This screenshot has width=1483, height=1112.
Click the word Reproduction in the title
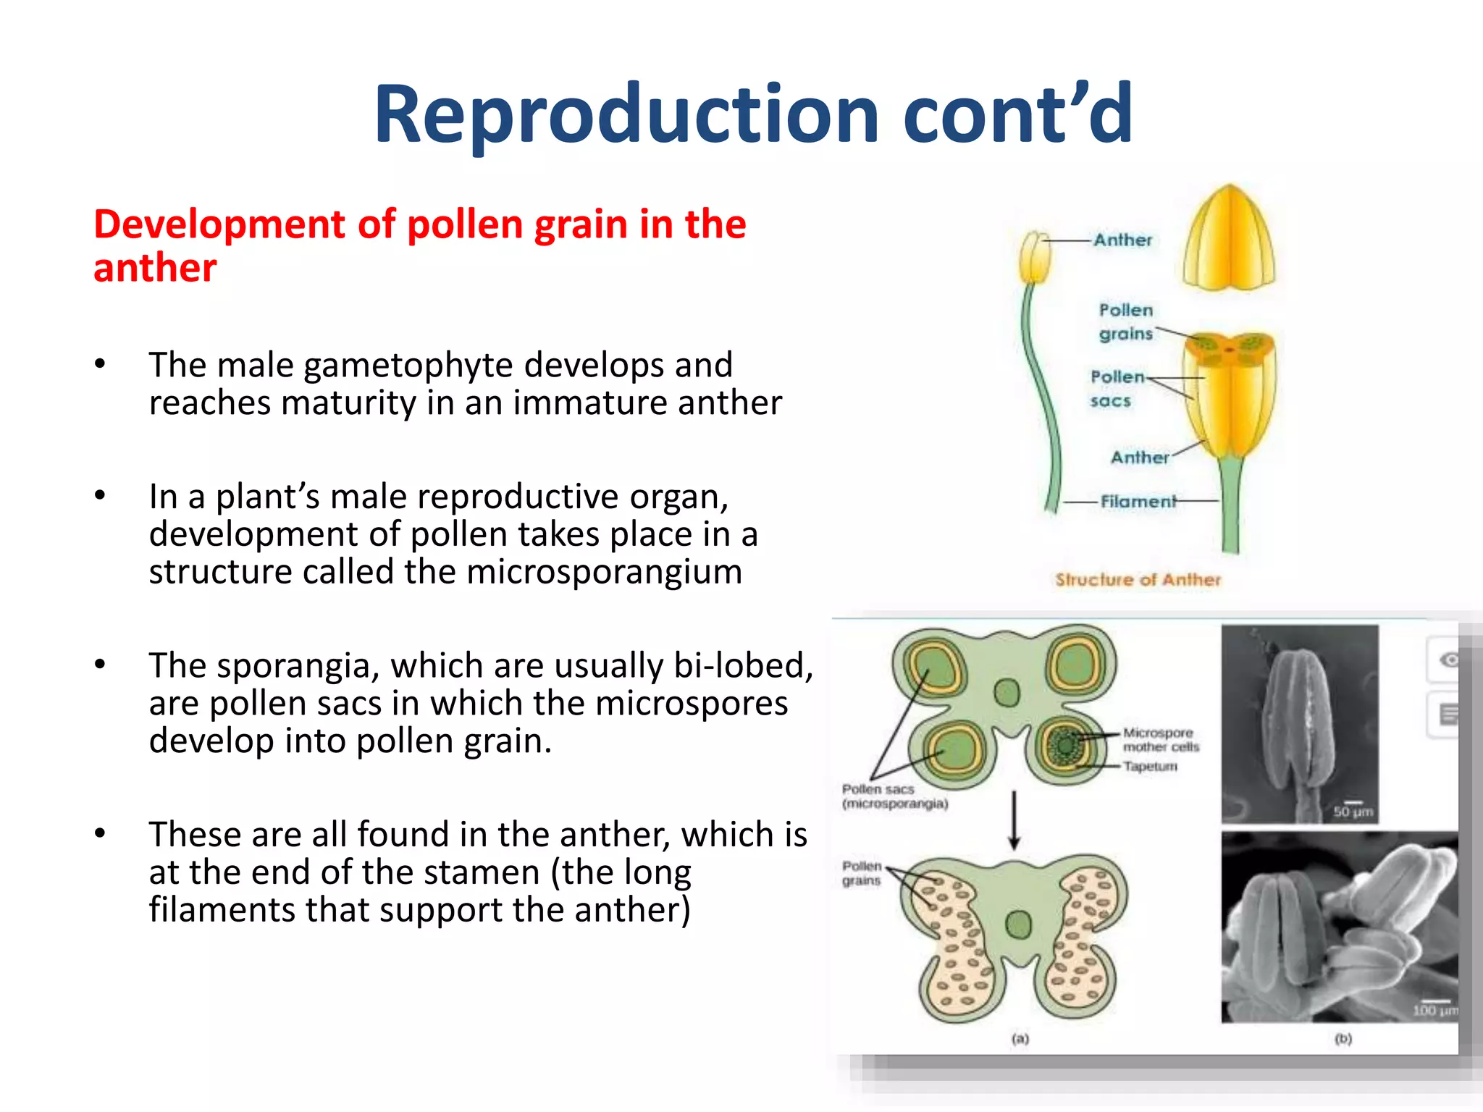[626, 114]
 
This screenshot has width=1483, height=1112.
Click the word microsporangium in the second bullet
[604, 572]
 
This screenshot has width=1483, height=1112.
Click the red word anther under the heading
[155, 269]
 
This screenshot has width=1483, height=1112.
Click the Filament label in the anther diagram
[1138, 501]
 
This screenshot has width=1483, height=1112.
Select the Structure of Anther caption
[1138, 580]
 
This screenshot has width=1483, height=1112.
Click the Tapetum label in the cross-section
[1150, 766]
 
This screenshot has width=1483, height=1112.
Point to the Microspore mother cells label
[1160, 739]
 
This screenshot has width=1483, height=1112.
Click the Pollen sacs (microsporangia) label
[894, 796]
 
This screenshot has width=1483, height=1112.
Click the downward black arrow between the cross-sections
[1014, 820]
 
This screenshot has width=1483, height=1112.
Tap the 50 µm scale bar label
[1353, 812]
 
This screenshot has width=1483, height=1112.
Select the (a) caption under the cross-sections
[1020, 1039]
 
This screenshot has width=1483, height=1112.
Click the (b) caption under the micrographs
[1343, 1039]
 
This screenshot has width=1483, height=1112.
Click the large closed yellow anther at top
[1228, 239]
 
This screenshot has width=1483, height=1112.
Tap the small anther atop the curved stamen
[1034, 257]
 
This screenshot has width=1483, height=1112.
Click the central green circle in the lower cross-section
[1019, 924]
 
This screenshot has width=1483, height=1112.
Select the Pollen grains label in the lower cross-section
[861, 873]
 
